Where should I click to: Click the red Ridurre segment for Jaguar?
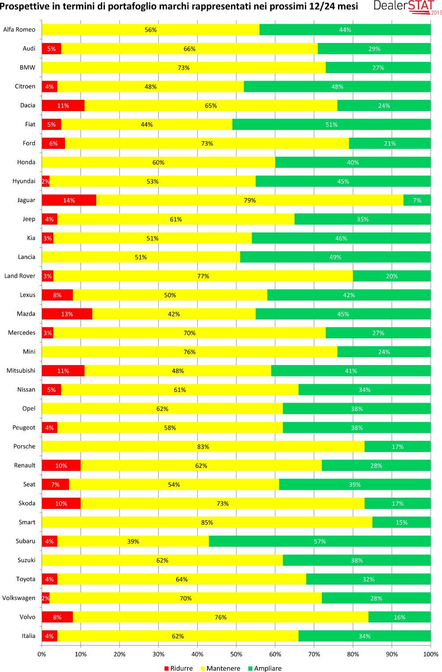[69, 200]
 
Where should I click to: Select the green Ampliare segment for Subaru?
[320, 541]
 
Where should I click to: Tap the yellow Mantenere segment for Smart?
[207, 522]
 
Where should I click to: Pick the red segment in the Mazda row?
[67, 314]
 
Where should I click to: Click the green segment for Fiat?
[331, 125]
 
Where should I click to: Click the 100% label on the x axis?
[431, 654]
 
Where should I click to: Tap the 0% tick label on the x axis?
[42, 654]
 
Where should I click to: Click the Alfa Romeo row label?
[19, 30]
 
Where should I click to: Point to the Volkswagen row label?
[19, 598]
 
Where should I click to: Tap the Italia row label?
[28, 636]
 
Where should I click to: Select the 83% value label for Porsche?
[203, 447]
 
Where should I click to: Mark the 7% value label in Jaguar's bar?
[417, 200]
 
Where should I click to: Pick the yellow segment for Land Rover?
[203, 276]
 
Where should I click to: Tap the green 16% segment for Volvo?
[399, 617]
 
